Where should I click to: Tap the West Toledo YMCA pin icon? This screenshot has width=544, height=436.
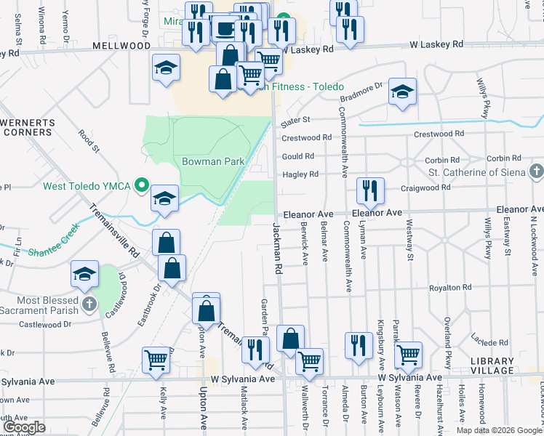click(x=143, y=186)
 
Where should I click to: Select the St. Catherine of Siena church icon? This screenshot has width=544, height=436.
click(x=536, y=172)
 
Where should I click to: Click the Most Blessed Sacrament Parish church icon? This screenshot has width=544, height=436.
click(x=89, y=304)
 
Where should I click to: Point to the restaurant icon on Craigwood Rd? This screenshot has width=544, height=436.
click(x=370, y=192)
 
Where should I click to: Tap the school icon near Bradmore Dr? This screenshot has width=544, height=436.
click(x=402, y=92)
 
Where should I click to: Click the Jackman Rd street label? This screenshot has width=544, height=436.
click(x=277, y=248)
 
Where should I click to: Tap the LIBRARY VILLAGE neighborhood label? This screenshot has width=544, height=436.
click(x=492, y=366)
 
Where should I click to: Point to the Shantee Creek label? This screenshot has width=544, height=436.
click(x=52, y=252)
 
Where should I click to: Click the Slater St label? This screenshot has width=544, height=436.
click(x=295, y=119)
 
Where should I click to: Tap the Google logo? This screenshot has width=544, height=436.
click(x=23, y=427)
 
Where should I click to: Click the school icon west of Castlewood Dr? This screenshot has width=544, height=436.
click(x=84, y=275)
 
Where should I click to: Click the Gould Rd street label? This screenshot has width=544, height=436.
click(x=297, y=156)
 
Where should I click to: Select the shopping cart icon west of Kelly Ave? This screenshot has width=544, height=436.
click(x=156, y=360)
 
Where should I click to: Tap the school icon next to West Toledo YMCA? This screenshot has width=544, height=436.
click(x=165, y=198)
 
